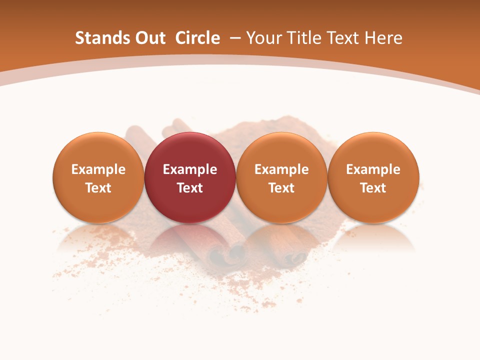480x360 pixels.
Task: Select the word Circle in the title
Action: click(197, 38)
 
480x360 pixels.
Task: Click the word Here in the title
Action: click(383, 38)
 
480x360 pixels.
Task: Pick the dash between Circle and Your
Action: click(234, 38)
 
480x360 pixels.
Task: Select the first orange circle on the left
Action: click(98, 177)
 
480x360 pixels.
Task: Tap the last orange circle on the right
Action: click(373, 177)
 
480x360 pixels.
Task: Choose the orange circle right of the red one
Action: click(281, 177)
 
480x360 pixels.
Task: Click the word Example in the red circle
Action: click(190, 169)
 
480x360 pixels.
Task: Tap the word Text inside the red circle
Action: click(190, 188)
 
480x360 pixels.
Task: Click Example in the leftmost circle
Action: click(98, 169)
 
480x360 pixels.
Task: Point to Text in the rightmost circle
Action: click(373, 188)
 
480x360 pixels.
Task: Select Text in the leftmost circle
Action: click(98, 188)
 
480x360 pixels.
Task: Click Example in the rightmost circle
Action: click(373, 169)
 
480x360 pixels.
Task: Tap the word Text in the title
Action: click(343, 38)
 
